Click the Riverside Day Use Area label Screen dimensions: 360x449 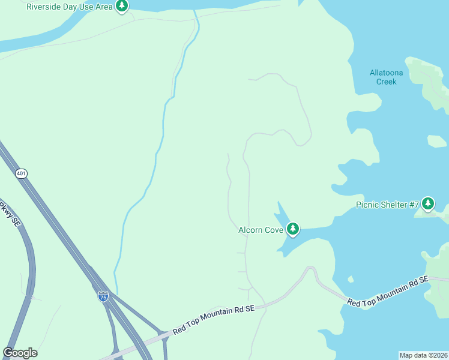click(x=70, y=7)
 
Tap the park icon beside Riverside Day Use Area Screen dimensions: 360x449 click(x=122, y=7)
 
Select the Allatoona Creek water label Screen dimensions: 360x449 click(x=386, y=77)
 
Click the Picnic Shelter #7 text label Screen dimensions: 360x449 click(x=387, y=205)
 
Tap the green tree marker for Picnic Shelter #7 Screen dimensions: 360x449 click(x=428, y=204)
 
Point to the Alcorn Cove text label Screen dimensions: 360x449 click(x=261, y=229)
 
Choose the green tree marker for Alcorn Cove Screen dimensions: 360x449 click(x=293, y=229)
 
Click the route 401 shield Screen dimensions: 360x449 click(x=22, y=173)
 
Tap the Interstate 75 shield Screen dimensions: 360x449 click(x=103, y=295)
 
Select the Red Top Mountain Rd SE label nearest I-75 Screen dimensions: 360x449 click(x=214, y=320)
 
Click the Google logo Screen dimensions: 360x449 click(x=20, y=353)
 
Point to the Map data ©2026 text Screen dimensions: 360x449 click(x=423, y=355)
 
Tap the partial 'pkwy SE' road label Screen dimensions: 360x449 click(x=11, y=213)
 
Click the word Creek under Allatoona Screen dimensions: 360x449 click(x=387, y=82)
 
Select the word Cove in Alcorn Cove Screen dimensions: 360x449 click(x=273, y=229)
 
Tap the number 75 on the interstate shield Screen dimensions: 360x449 click(x=103, y=296)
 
